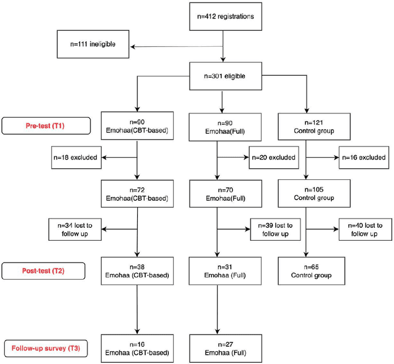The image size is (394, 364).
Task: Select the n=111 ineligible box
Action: click(x=94, y=45)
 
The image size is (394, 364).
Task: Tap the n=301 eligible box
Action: click(x=222, y=78)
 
